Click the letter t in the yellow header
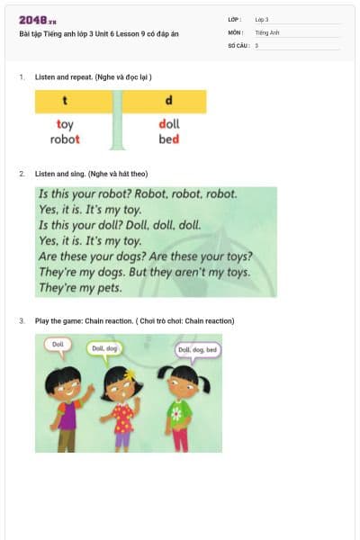(64, 101)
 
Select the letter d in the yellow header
(168, 101)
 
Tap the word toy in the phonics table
(65, 125)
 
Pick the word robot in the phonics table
(65, 139)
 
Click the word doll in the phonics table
(169, 125)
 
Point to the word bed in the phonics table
(169, 139)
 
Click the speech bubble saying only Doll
(58, 345)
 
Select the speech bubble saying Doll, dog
(104, 348)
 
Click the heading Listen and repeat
(93, 78)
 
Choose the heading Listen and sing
(91, 173)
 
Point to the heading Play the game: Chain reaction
(134, 320)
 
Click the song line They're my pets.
(80, 289)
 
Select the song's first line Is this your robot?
(137, 193)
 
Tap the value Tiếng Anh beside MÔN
(267, 31)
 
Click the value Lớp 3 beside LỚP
(262, 19)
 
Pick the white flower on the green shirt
(176, 415)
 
